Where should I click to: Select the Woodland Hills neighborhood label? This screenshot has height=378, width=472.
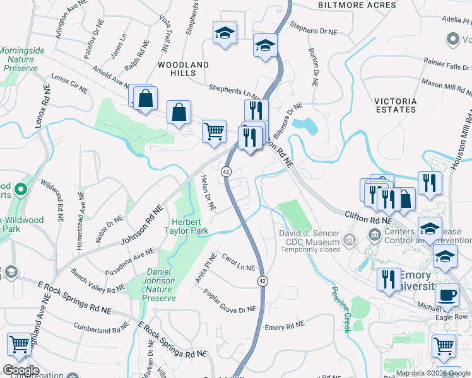(x=183, y=69)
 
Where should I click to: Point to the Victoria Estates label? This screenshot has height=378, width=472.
(x=395, y=105)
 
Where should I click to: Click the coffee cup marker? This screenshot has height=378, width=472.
(x=447, y=295)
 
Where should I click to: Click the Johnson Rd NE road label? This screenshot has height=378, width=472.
(x=140, y=224)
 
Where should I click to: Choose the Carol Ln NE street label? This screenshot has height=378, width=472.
(x=238, y=263)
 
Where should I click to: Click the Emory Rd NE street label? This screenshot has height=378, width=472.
(x=284, y=327)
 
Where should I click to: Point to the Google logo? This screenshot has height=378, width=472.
(x=20, y=370)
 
